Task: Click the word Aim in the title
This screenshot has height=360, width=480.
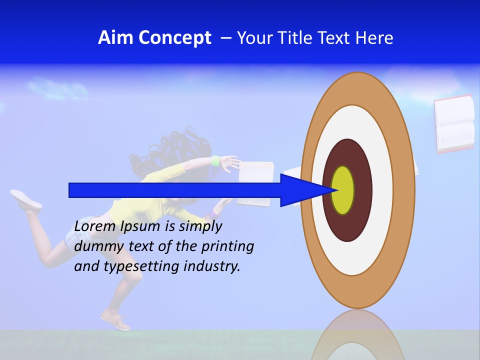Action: click(x=115, y=38)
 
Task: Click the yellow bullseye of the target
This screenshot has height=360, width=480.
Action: click(x=343, y=190)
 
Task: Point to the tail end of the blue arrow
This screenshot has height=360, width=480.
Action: click(x=70, y=190)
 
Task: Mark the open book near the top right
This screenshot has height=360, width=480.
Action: click(x=454, y=123)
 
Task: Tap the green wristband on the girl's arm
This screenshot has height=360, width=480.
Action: click(x=215, y=161)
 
